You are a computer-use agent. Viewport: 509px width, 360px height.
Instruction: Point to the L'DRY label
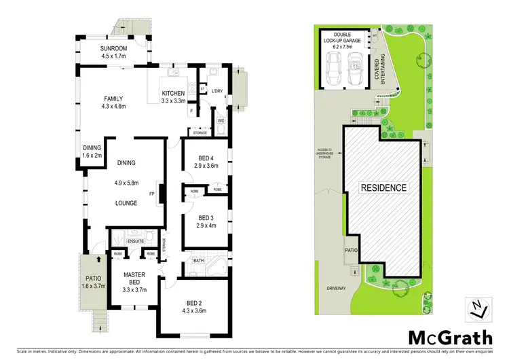[217, 91]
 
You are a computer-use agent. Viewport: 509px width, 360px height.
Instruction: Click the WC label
[221, 121]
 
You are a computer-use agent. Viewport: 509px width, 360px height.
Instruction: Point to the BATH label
[198, 260]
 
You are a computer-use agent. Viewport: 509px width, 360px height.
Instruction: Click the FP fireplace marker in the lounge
[153, 192]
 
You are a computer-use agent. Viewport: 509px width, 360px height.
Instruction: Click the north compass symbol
[478, 309]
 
